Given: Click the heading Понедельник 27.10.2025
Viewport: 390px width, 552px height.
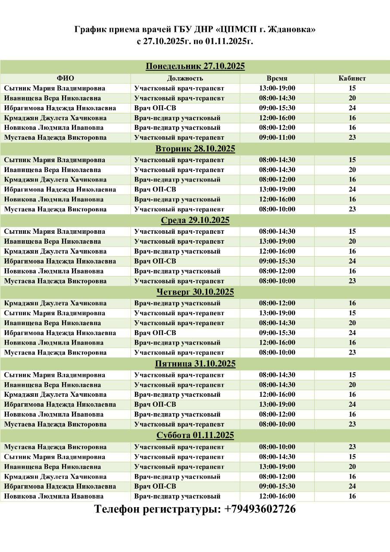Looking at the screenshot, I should click(195, 66).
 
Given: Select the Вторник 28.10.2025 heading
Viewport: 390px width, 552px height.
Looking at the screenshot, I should click(195, 149).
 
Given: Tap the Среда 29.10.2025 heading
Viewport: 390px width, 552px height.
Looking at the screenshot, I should click(195, 220).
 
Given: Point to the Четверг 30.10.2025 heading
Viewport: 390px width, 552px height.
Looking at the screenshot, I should click(195, 292).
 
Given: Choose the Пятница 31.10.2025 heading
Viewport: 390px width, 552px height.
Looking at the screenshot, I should click(195, 364).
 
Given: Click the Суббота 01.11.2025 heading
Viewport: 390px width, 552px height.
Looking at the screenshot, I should click(195, 436).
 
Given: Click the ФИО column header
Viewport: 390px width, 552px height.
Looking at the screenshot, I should click(66, 78).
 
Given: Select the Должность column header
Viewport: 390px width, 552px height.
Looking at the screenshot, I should click(185, 78).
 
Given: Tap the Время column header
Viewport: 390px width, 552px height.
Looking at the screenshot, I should click(277, 78).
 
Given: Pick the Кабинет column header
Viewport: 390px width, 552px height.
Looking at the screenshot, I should click(352, 78).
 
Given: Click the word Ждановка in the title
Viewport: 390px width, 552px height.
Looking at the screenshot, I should click(292, 30).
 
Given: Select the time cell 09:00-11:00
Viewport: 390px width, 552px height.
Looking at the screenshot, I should click(277, 138).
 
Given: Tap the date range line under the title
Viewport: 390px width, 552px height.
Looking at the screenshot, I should click(195, 42).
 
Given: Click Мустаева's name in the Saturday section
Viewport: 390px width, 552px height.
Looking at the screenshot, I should click(55, 447).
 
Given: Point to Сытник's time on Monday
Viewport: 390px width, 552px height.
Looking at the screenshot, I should click(277, 88).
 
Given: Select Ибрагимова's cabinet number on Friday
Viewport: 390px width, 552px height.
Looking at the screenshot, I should click(352, 405).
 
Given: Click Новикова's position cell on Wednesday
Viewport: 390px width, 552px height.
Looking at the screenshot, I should click(177, 271).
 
